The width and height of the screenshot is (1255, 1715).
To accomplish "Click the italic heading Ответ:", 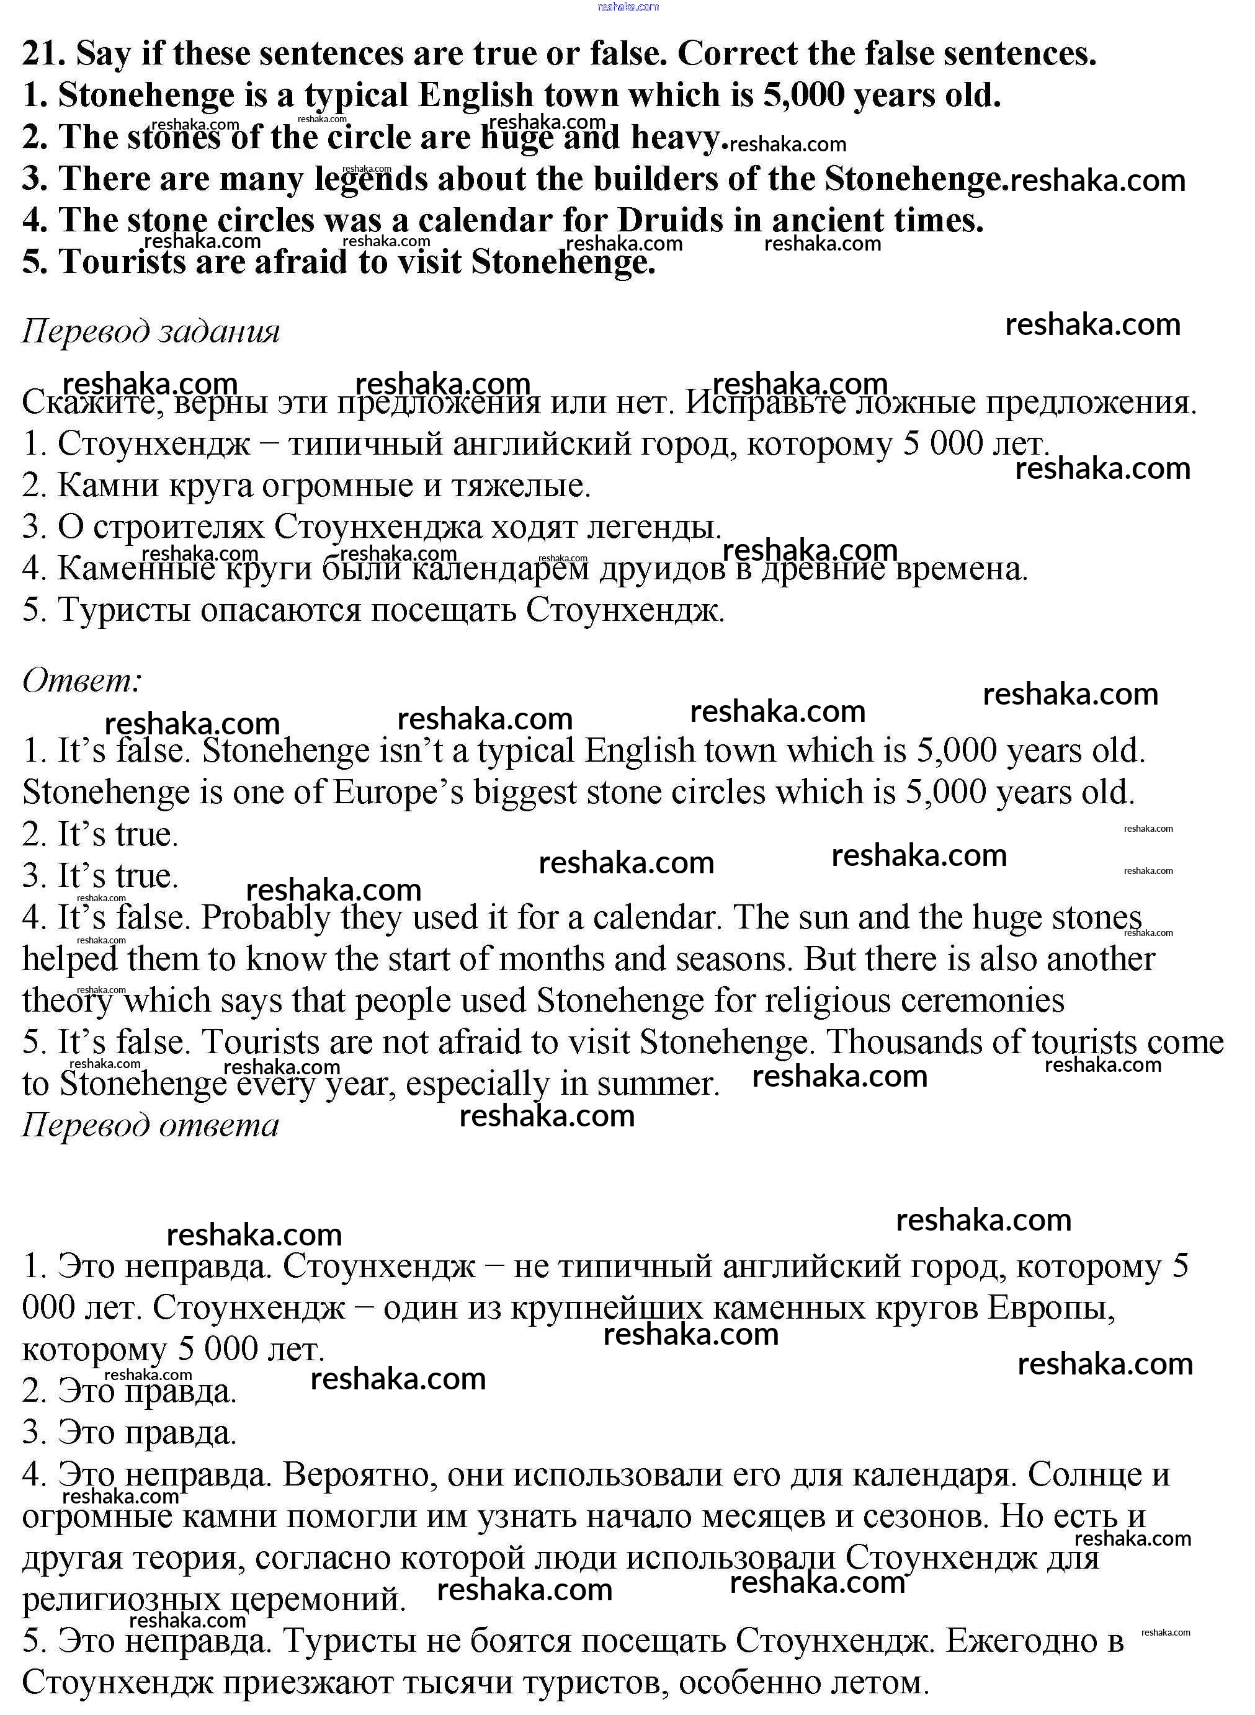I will pos(82,680).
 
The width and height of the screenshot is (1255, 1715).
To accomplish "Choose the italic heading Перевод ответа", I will pos(150,1125).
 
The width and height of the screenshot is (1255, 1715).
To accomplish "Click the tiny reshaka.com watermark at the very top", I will pos(628,7).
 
